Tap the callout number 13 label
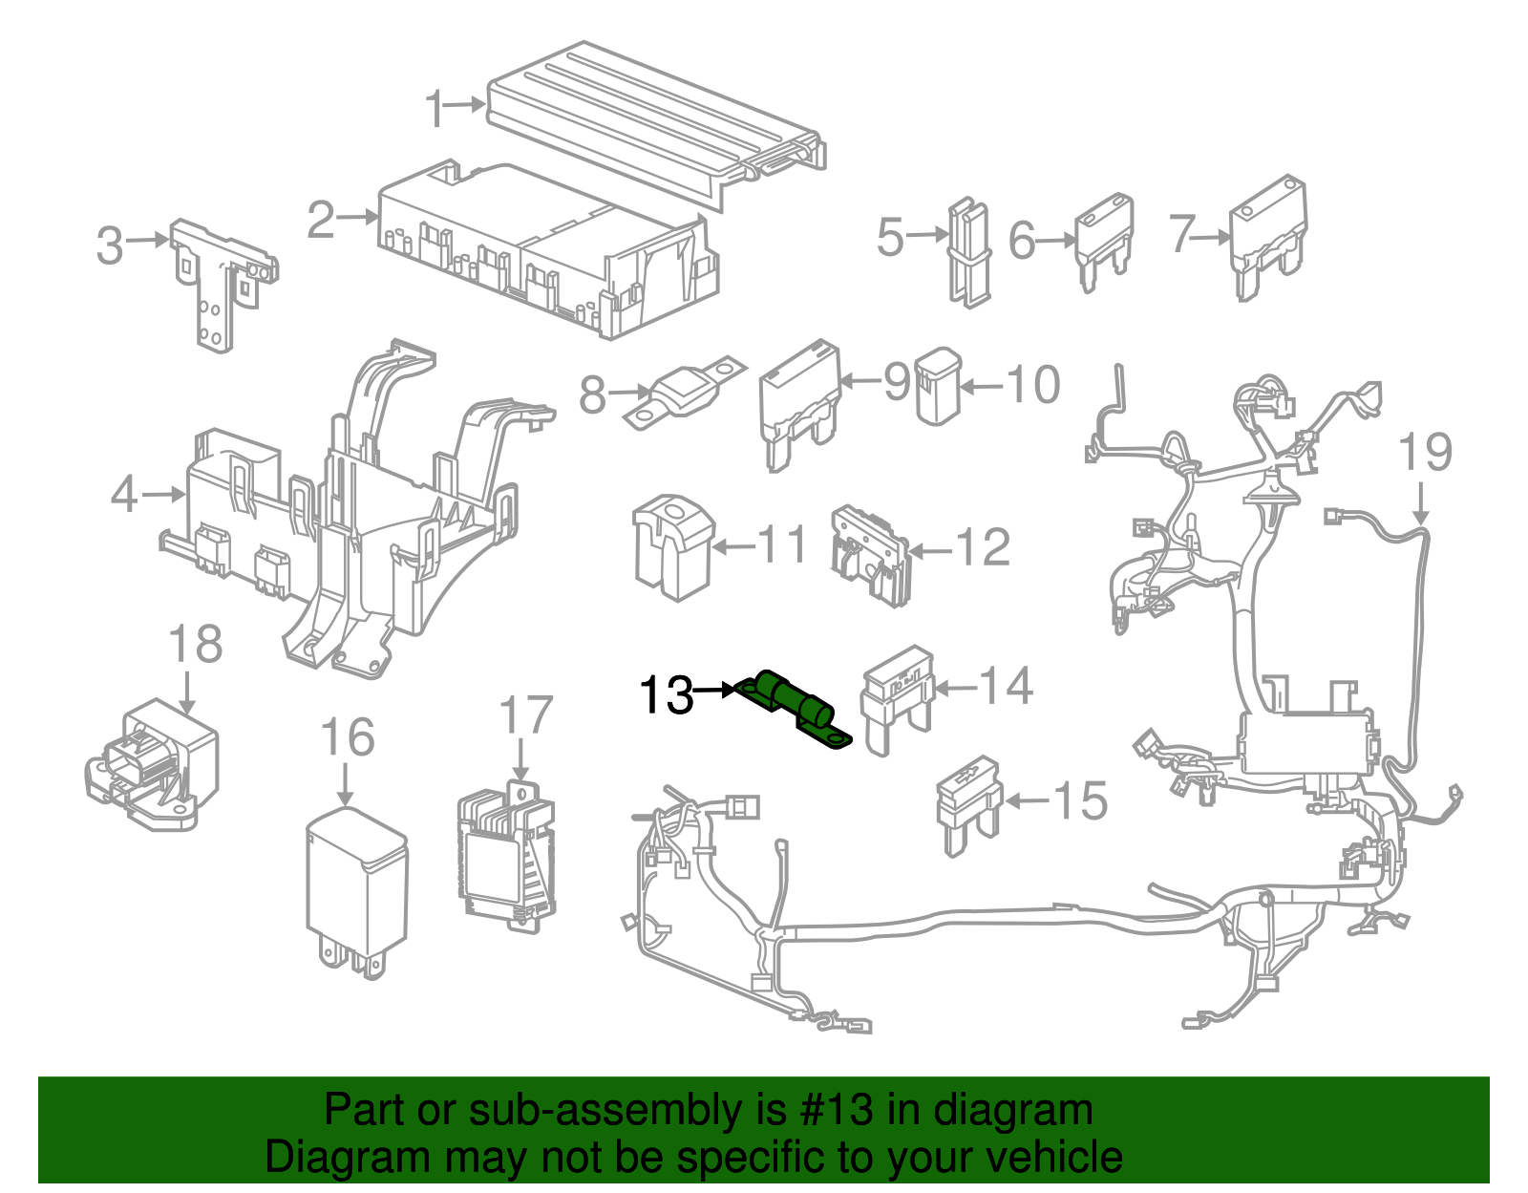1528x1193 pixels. (x=666, y=694)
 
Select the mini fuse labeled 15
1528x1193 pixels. (x=967, y=800)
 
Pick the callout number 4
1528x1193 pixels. (x=124, y=494)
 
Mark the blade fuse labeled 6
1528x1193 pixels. (x=1104, y=239)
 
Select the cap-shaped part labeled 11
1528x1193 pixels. (x=673, y=545)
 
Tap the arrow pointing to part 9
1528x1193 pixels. (x=858, y=382)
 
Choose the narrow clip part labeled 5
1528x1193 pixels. (x=968, y=252)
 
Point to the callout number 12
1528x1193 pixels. (x=983, y=547)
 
